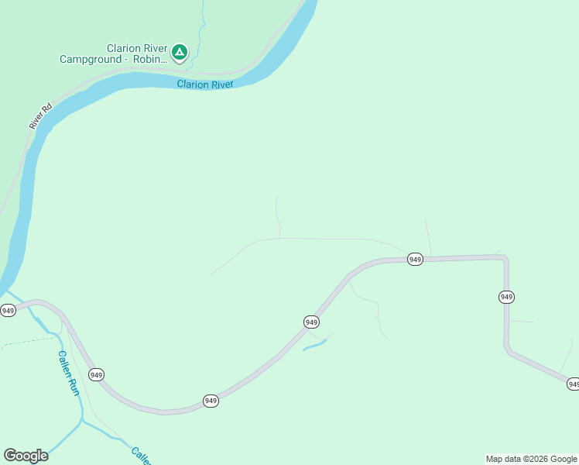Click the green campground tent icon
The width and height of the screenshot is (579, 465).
179,52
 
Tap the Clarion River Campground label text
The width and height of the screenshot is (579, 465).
113,53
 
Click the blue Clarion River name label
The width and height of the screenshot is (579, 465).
204,84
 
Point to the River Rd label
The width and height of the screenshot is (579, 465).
39,116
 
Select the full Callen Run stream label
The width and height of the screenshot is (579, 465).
69,374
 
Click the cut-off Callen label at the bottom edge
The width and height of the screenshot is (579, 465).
141,455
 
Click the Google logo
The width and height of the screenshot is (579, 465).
26,456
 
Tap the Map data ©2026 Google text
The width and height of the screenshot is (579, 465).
531,459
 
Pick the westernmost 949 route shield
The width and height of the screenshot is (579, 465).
8,311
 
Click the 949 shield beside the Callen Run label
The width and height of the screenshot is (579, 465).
96,375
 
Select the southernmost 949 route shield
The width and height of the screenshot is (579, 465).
211,401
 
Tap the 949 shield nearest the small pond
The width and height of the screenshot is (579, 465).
311,322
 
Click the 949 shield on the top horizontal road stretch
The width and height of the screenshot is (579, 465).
415,260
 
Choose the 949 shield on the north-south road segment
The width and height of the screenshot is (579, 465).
506,297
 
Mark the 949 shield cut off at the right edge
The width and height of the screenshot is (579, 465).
573,384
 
